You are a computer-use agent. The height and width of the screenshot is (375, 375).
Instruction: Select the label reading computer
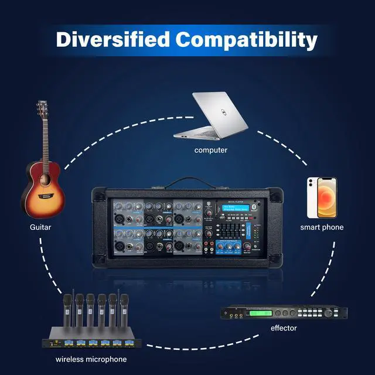pyautogui.click(x=211, y=150)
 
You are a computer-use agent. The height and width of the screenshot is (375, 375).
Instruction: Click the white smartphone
pyautogui.click(x=322, y=197)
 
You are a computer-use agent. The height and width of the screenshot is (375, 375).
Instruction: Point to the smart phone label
pyautogui.click(x=322, y=227)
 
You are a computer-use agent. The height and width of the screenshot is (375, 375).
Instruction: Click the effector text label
pyautogui.click(x=284, y=328)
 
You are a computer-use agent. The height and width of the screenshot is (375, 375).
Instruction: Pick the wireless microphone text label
pyautogui.click(x=91, y=359)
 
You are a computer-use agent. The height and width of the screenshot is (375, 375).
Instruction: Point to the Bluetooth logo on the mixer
pyautogui.click(x=255, y=207)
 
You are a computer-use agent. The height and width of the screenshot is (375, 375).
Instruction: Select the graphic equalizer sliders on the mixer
pyautogui.click(x=233, y=227)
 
